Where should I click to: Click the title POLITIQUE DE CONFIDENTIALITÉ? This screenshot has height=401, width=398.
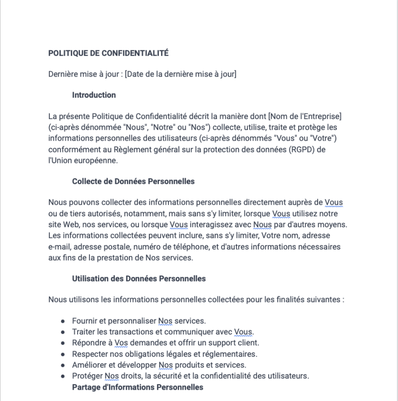pos(108,53)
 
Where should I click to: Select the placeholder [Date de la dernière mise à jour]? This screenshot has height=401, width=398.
pos(181,74)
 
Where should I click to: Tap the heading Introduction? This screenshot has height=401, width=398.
pos(94,95)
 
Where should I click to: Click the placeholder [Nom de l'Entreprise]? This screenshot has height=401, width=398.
pos(305,116)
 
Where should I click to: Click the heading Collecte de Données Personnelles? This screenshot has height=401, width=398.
pos(133,182)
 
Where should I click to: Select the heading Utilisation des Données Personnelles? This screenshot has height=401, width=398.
pos(139,278)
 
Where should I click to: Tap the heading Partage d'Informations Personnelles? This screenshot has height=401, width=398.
pos(138,387)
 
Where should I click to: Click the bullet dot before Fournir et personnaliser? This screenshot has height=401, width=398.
pos(63,321)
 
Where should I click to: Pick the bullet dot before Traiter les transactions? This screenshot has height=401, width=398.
pos(63,332)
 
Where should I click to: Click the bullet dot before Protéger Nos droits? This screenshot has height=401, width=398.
pos(63,376)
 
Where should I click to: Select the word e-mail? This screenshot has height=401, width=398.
pos(59,247)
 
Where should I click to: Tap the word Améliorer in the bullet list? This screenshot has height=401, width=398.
pos(88,365)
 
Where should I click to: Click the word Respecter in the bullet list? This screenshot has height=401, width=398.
pos(89,354)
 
